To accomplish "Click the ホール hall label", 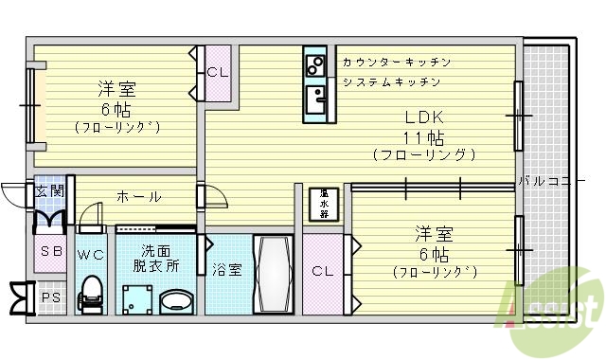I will tap(138, 197).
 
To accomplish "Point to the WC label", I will tap(90, 255).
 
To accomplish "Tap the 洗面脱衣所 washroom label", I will tap(156, 258).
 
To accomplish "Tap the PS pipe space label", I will tap(49, 297).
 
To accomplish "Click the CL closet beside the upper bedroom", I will tap(217, 72).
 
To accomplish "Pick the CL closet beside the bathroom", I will tap(323, 271).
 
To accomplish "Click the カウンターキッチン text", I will tap(396, 63).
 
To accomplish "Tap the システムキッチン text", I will tap(391, 82).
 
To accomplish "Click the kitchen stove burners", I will tap(314, 63).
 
